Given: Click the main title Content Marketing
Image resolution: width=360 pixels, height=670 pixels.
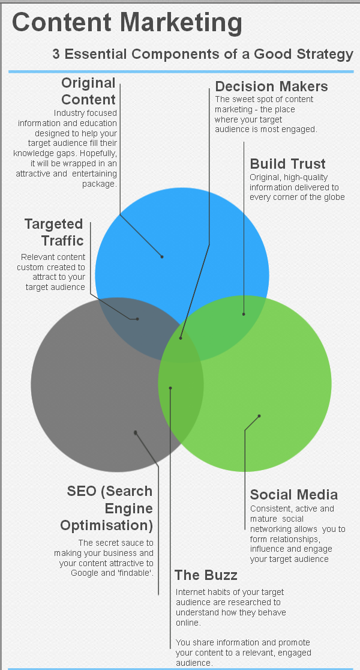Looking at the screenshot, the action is pyautogui.click(x=127, y=23).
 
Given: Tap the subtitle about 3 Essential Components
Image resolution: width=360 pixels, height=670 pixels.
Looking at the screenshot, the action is pyautogui.click(x=203, y=54).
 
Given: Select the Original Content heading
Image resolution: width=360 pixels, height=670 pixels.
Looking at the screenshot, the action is pyautogui.click(x=88, y=91).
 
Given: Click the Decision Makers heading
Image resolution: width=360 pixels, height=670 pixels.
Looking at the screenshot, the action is pyautogui.click(x=271, y=86).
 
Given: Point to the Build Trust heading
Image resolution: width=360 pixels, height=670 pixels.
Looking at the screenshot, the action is pyautogui.click(x=287, y=164).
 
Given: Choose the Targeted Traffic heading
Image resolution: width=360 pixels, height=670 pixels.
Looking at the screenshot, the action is pyautogui.click(x=53, y=232).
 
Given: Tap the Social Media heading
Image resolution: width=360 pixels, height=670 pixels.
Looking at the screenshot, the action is pyautogui.click(x=294, y=495).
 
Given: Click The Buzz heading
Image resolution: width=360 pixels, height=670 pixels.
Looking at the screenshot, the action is pyautogui.click(x=206, y=575).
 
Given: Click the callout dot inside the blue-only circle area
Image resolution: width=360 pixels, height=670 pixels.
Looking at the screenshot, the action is pyautogui.click(x=162, y=256).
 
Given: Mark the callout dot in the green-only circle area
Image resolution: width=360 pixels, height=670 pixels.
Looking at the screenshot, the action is pyautogui.click(x=259, y=415).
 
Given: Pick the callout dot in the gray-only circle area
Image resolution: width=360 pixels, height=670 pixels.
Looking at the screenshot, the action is pyautogui.click(x=136, y=432).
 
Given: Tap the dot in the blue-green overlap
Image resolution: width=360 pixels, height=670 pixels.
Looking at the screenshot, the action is pyautogui.click(x=244, y=313).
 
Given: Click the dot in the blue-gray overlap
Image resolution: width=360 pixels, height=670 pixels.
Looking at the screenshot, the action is pyautogui.click(x=137, y=319).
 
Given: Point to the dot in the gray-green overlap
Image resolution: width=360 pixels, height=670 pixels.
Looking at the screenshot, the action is pyautogui.click(x=170, y=388).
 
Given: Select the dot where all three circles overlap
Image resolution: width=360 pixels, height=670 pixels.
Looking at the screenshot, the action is pyautogui.click(x=181, y=338).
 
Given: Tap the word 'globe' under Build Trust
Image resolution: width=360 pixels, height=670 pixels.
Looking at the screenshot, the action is pyautogui.click(x=334, y=197).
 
